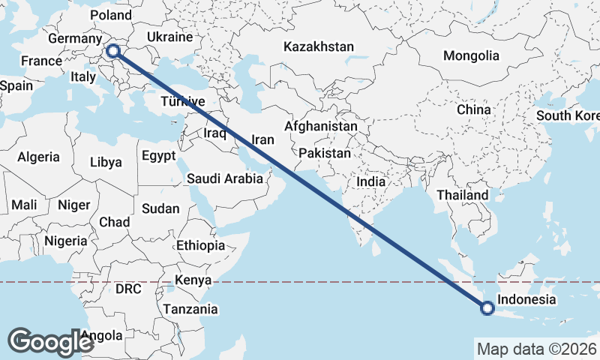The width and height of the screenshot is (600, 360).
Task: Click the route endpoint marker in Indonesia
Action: tap(487, 307)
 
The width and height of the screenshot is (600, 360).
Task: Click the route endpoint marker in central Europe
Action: tap(112, 51)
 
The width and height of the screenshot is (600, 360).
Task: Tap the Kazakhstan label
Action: tap(318, 46)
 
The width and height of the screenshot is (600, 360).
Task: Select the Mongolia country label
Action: tap(471, 55)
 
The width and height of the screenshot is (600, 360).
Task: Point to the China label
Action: tap(474, 109)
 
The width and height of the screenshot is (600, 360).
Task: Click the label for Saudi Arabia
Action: tap(225, 178)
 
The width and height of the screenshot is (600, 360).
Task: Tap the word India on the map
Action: tap(371, 181)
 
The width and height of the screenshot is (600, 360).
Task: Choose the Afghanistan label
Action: tap(321, 127)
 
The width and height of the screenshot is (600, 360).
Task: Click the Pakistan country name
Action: tap(324, 153)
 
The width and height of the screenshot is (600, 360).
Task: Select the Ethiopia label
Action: tap(200, 245)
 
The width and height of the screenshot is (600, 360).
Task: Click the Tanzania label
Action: tap(192, 309)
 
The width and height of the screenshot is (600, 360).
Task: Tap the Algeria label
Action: tap(38, 157)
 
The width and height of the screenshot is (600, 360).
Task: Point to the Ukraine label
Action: tap(169, 37)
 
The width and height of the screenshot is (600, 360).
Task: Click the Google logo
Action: tap(51, 342)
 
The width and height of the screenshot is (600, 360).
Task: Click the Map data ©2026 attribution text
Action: tap(536, 349)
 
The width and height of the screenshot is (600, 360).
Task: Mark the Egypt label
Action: tap(158, 156)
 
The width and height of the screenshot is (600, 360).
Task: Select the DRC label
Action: tap(128, 289)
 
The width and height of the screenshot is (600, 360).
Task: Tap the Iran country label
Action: tap(262, 139)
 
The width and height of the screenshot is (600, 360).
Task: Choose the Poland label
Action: tap(110, 16)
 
